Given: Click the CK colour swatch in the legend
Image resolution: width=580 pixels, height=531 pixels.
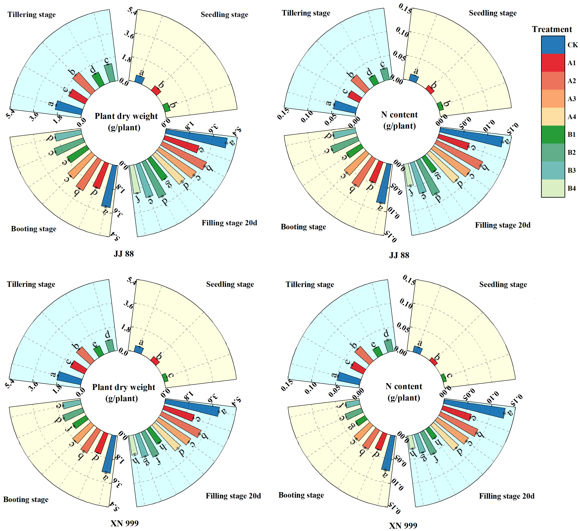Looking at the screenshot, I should click(x=553, y=45).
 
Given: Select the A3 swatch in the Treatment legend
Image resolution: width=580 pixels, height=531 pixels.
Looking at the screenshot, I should click(x=553, y=99).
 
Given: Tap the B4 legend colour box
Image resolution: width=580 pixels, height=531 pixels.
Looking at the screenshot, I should click(x=553, y=188).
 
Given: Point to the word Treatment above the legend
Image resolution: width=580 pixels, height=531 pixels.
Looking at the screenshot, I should click(x=552, y=29).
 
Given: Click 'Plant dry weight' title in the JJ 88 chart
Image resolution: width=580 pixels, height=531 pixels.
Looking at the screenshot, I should click(x=126, y=116).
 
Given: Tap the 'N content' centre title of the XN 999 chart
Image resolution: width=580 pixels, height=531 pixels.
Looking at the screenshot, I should click(x=404, y=386).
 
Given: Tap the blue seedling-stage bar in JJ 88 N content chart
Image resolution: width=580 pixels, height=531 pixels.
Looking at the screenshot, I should click(x=414, y=78).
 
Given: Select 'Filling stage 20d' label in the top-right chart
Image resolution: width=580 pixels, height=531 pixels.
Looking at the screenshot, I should click(x=503, y=225).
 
